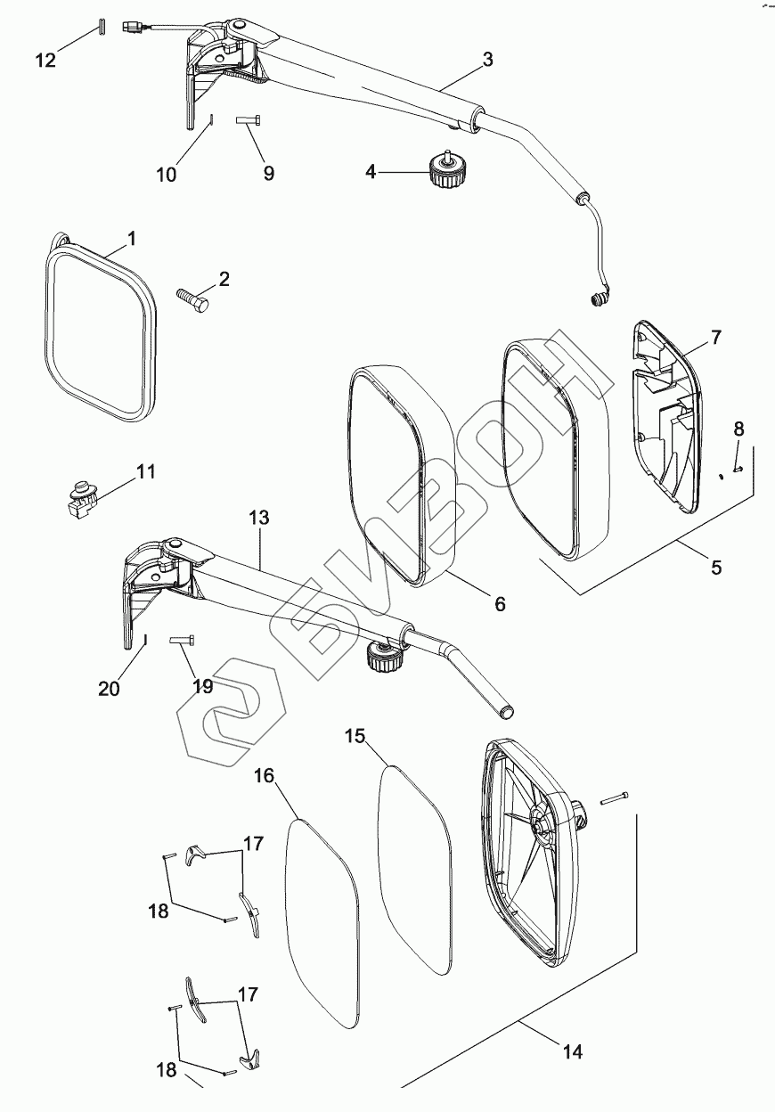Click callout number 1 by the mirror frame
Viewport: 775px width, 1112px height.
(131, 239)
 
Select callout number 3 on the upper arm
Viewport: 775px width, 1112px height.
(487, 60)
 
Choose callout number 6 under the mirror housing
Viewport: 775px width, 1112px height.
(500, 604)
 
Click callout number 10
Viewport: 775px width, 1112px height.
(167, 174)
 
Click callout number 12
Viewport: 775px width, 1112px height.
(45, 60)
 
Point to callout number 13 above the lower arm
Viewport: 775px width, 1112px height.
(259, 518)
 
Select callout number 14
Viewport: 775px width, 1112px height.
(572, 1052)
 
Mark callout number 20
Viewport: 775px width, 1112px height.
(108, 687)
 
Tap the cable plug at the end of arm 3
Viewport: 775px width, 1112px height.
(600, 299)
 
